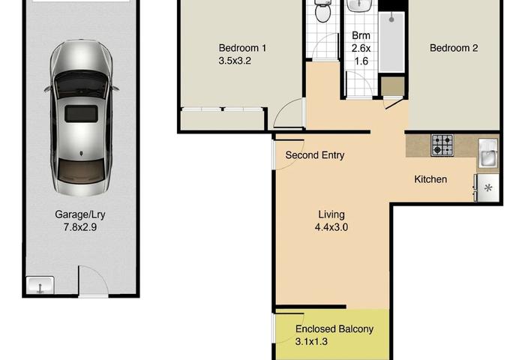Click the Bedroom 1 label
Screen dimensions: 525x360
click(x=242, y=48)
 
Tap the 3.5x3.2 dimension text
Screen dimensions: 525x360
click(x=235, y=61)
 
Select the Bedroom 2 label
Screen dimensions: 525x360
click(x=454, y=48)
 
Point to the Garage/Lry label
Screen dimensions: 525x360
click(x=80, y=214)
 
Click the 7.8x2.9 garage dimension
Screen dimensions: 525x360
click(x=80, y=227)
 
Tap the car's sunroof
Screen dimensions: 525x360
click(x=81, y=113)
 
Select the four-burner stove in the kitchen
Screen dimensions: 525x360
click(x=442, y=145)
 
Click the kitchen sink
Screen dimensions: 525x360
click(x=488, y=154)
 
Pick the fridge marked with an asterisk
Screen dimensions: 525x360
click(x=487, y=187)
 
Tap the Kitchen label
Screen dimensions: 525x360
click(x=430, y=179)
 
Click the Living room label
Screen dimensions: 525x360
click(x=331, y=214)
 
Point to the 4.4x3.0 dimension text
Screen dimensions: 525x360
click(x=331, y=227)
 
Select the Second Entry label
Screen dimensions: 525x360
click(x=315, y=155)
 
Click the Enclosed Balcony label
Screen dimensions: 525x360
click(x=334, y=329)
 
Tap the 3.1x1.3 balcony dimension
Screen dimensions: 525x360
click(x=311, y=342)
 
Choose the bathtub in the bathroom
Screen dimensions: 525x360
click(x=391, y=42)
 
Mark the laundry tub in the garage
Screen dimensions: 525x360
click(x=40, y=286)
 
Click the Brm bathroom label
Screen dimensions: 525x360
click(x=361, y=35)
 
